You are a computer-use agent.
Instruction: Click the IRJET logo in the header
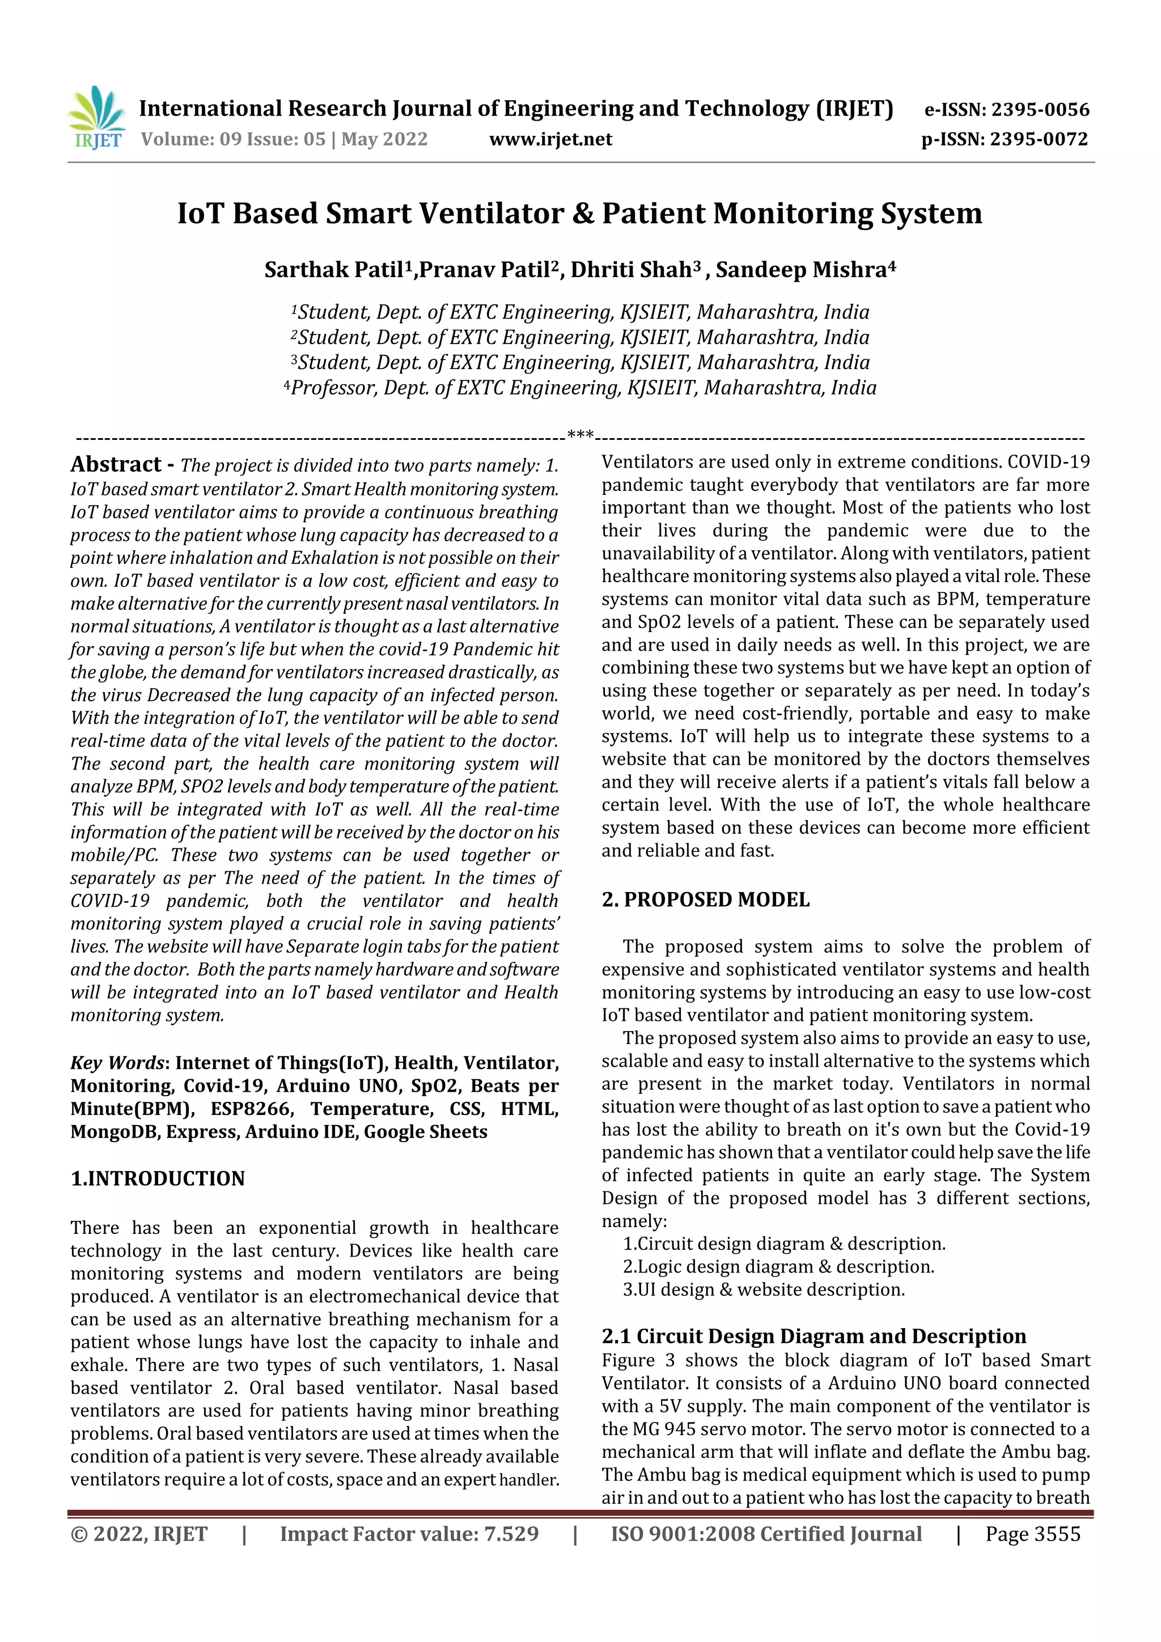pyautogui.click(x=98, y=117)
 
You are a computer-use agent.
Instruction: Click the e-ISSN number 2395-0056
pyautogui.click(x=1039, y=110)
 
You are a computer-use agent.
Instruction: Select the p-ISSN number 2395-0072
pyautogui.click(x=1039, y=139)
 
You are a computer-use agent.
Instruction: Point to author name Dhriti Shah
pyautogui.click(x=631, y=270)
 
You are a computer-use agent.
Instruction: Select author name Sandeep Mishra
pyautogui.click(x=801, y=270)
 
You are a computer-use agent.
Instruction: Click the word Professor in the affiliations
pyautogui.click(x=333, y=388)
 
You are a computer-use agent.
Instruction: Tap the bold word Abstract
pyautogui.click(x=116, y=465)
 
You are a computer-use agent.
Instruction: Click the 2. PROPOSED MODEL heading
pyautogui.click(x=705, y=900)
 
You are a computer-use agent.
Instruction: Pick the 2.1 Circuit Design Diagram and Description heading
pyautogui.click(x=813, y=1336)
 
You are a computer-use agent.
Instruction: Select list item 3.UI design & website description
pyautogui.click(x=763, y=1290)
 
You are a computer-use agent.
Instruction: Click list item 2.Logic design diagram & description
pyautogui.click(x=778, y=1267)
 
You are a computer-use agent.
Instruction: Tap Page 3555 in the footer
pyautogui.click(x=1032, y=1534)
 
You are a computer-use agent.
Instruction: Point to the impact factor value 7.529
pyautogui.click(x=511, y=1534)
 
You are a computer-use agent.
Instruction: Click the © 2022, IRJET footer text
pyautogui.click(x=139, y=1534)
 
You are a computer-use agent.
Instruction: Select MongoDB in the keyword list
pyautogui.click(x=115, y=1132)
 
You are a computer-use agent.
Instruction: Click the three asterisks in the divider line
pyautogui.click(x=579, y=434)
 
